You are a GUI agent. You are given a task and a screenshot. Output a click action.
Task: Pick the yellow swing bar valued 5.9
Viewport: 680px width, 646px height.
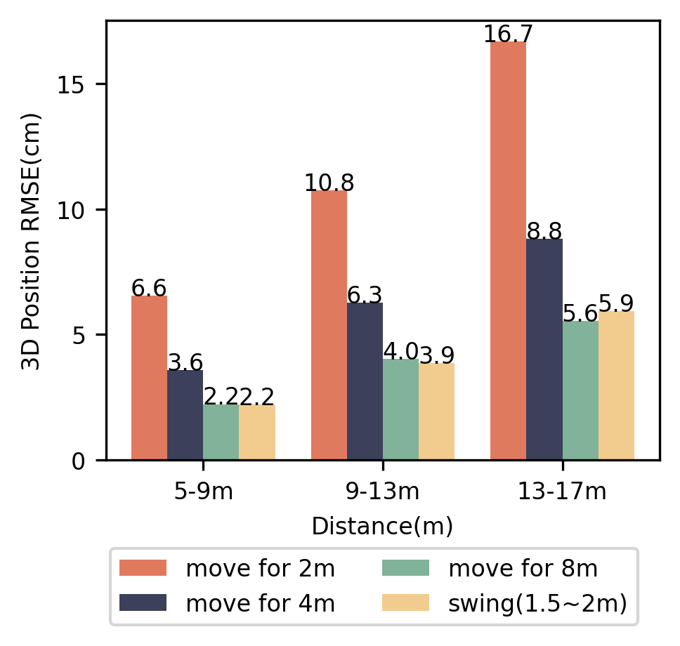tap(616, 385)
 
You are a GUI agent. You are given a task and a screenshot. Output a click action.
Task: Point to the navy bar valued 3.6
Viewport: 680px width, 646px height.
tap(185, 415)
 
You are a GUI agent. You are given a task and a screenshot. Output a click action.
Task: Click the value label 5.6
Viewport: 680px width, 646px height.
tap(580, 311)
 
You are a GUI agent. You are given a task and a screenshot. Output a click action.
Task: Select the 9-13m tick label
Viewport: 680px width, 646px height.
tap(383, 492)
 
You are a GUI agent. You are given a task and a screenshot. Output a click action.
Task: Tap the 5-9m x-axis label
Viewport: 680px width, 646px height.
tap(203, 492)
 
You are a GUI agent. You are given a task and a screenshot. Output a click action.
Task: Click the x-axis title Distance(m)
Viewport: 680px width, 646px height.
tap(382, 526)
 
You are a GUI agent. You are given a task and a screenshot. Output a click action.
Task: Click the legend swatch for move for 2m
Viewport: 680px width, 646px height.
tap(143, 567)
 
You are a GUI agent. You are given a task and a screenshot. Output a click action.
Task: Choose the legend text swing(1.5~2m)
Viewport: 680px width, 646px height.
tap(537, 602)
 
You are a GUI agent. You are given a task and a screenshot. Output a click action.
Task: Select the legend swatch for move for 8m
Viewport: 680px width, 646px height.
tap(405, 567)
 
